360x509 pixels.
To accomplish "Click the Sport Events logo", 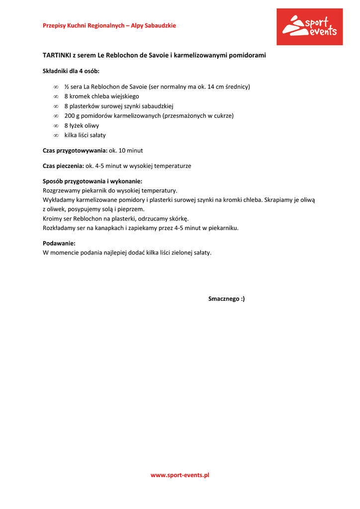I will [x=309, y=27].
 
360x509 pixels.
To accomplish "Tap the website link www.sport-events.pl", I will [x=180, y=475].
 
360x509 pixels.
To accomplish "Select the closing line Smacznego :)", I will [x=226, y=299].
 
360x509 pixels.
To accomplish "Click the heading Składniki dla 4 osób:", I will [x=71, y=71].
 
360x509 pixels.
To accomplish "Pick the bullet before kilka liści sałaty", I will [x=56, y=135].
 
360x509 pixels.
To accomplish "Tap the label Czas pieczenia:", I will [x=63, y=166].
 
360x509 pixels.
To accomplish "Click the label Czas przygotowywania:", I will [x=75, y=150].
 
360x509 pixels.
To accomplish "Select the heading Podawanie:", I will [x=59, y=244].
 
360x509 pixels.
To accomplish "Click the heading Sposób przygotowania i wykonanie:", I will [x=92, y=181].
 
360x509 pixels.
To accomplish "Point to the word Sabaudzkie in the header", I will [x=160, y=25].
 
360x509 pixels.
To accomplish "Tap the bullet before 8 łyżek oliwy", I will [x=56, y=126].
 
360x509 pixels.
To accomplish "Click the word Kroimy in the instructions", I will [x=52, y=219].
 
